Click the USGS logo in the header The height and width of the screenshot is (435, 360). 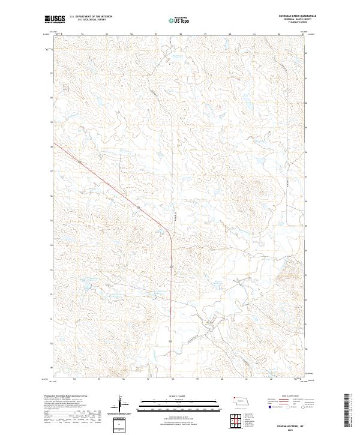click(x=55, y=19)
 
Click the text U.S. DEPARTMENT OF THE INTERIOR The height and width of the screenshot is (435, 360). click(x=91, y=17)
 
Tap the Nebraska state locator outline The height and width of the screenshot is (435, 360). click(x=242, y=400)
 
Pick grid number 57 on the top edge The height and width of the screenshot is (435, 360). click(x=156, y=34)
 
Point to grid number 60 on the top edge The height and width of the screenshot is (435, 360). click(x=230, y=34)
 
